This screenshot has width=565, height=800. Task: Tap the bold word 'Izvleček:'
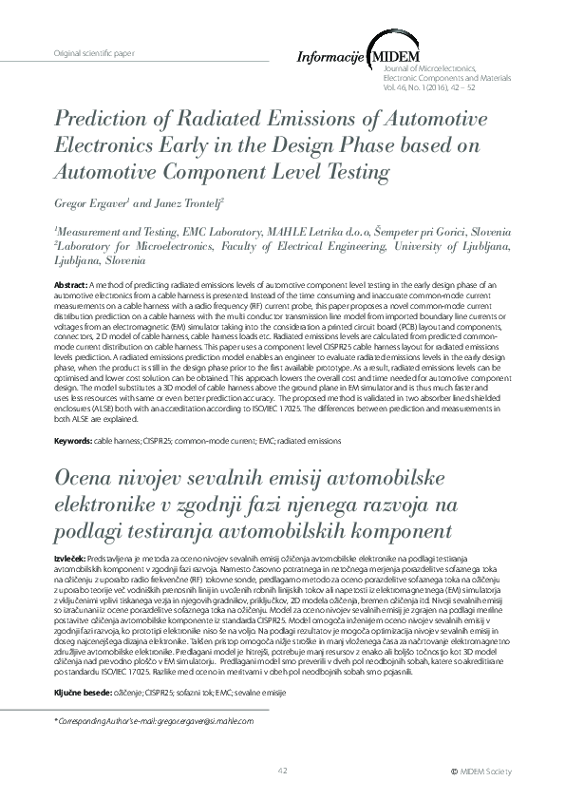coord(70,552)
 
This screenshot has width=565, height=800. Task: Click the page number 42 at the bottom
coord(282,771)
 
